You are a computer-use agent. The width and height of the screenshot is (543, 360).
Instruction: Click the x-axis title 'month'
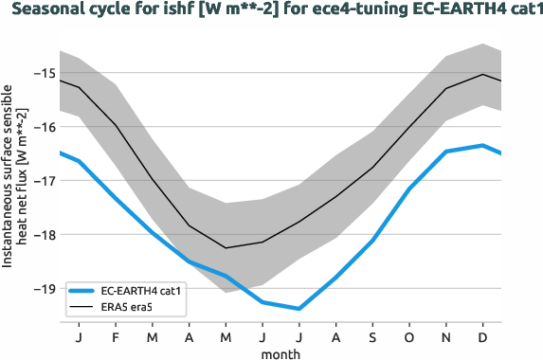(x=282, y=353)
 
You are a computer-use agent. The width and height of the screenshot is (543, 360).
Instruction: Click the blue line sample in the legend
(x=83, y=291)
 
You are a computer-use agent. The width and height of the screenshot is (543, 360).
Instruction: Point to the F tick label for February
(x=116, y=336)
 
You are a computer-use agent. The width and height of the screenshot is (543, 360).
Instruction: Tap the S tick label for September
(x=373, y=336)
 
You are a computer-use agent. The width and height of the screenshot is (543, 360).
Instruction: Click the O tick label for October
(x=410, y=336)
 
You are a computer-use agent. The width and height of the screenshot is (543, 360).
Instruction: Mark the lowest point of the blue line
(x=299, y=309)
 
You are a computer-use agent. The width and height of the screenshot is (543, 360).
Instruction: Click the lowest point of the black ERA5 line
(x=226, y=248)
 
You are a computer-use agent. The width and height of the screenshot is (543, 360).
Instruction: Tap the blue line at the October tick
(x=410, y=189)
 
